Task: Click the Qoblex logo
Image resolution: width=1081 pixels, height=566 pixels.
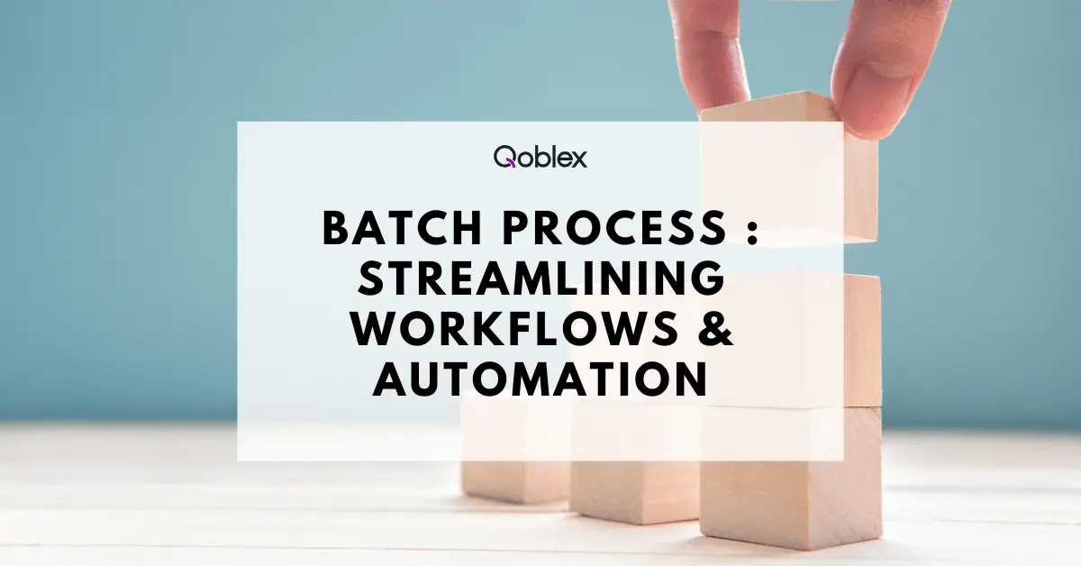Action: pos(540,157)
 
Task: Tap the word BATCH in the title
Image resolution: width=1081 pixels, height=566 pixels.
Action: pos(402,227)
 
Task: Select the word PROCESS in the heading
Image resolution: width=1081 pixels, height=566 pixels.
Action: pos(614,227)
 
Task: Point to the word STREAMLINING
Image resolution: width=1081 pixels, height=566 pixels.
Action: pos(541,278)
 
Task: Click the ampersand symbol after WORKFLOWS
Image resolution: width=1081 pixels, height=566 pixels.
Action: pos(715,328)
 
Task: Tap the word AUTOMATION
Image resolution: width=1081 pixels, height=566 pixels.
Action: pos(540,379)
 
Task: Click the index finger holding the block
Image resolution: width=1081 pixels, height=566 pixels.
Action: pos(710,53)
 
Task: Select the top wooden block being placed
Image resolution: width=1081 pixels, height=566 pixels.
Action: pos(788,167)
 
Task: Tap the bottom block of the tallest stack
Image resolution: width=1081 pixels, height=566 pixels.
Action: pos(791,477)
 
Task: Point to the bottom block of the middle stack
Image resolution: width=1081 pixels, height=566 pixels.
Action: pos(635,463)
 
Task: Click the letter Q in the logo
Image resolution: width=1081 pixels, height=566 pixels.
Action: pos(504,157)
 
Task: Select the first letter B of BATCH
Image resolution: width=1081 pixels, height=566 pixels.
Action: pos(335,228)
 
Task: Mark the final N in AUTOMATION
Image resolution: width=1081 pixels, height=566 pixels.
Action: pos(694,379)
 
